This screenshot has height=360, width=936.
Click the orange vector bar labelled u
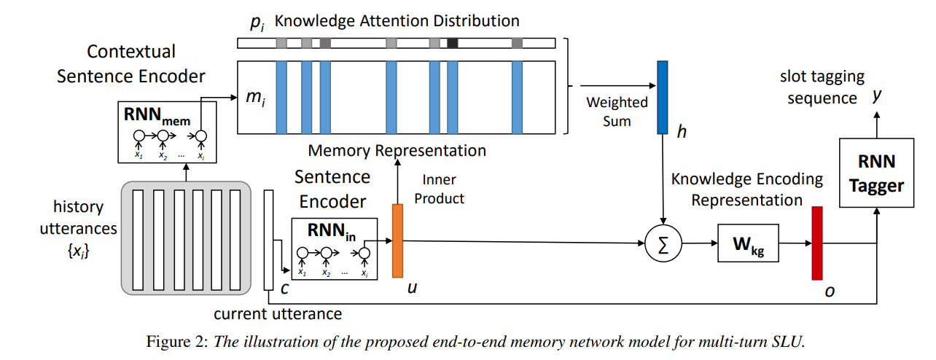point(397,240)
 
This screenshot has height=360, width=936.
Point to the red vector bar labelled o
point(816,243)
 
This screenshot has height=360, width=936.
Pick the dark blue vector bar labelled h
point(662,97)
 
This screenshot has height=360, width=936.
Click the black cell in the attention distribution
point(453,44)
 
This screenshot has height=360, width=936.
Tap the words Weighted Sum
point(616,111)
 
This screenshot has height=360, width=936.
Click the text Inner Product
point(440,189)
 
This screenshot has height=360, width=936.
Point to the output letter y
point(878,95)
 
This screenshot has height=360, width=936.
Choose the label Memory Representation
point(397,151)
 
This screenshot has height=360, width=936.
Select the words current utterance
point(278,314)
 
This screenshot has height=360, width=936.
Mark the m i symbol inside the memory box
point(252,97)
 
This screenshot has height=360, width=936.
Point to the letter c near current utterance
point(286,288)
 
